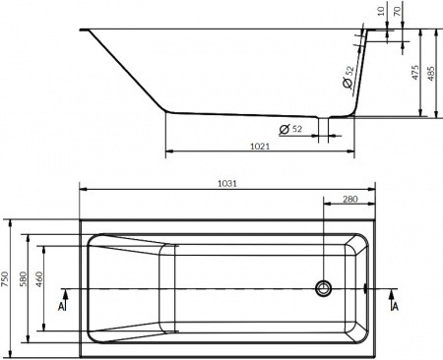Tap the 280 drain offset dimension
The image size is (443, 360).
coord(348,201)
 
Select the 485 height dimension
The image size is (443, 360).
coord(434,73)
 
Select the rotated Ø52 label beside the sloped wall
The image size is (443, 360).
coord(348,77)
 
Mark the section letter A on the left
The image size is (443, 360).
coord(63,307)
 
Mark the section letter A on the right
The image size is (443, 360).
coord(395,307)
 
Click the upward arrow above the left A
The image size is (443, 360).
coord(63,292)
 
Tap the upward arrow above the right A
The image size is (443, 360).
coord(395,292)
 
